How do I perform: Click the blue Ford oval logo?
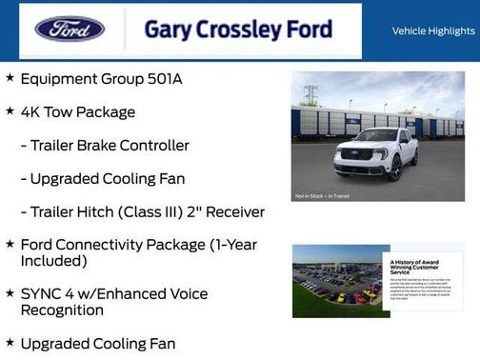pyautogui.click(x=70, y=29)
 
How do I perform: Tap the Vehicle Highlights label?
pyautogui.click(x=433, y=30)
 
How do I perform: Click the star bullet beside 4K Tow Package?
pyautogui.click(x=10, y=111)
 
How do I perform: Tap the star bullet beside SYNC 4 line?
pyautogui.click(x=10, y=293)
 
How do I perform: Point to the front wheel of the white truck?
pyautogui.click(x=394, y=168)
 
